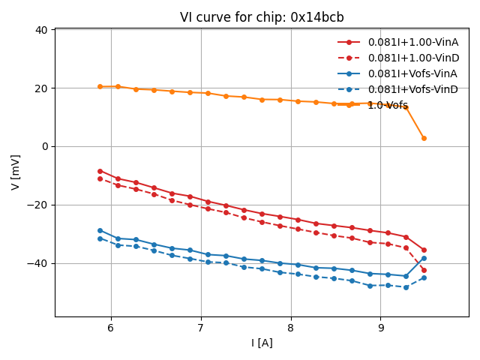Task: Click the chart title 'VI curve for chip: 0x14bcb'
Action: (262, 17)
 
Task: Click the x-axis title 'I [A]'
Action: (262, 343)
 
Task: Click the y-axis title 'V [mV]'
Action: (16, 172)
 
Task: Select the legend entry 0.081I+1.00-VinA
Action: (409, 42)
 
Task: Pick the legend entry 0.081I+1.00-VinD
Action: (409, 58)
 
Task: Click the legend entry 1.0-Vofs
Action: (388, 105)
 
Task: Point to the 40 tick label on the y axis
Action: (40, 30)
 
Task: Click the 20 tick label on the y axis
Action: (40, 88)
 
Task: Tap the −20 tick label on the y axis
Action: (37, 205)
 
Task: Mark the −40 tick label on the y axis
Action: (37, 264)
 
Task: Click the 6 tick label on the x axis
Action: (111, 328)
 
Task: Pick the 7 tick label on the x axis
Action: (201, 328)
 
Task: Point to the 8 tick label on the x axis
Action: (291, 328)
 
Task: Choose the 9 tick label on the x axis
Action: (381, 328)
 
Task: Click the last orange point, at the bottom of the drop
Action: (424, 138)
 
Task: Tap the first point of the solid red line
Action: (100, 171)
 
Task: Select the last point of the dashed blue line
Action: (424, 277)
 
